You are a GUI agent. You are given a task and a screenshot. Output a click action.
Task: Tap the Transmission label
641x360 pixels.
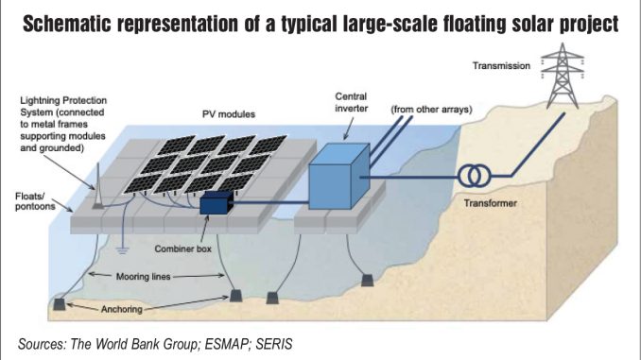click(x=499, y=65)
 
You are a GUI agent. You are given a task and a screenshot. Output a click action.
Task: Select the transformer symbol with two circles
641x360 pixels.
click(x=476, y=177)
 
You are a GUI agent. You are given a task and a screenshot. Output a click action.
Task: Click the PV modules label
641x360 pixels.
click(x=229, y=114)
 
